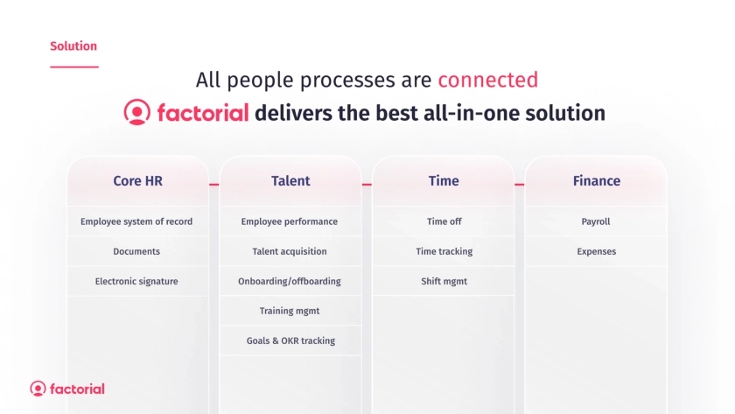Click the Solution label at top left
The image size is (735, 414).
tap(73, 46)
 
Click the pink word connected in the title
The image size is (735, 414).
tap(488, 80)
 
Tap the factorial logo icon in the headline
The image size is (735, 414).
tap(136, 112)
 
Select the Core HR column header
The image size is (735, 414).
tap(138, 181)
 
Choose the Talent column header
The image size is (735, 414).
tap(290, 181)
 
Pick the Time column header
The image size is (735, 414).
tap(444, 181)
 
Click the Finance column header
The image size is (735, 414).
tap(596, 181)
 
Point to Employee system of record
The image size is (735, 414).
tap(136, 221)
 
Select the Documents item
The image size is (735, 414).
tap(136, 251)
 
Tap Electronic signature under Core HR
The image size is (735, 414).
tap(136, 281)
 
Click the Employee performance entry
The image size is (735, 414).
tap(290, 221)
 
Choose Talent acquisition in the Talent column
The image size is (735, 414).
tap(290, 251)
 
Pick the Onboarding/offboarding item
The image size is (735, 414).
tap(290, 281)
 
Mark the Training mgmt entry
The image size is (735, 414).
tap(290, 311)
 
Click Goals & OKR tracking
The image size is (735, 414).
tap(290, 340)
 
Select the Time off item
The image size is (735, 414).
tap(444, 221)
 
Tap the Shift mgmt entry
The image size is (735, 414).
tap(444, 281)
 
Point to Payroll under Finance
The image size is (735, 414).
tap(596, 221)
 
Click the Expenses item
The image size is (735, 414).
tap(596, 251)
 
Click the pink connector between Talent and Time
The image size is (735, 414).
tap(367, 185)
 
